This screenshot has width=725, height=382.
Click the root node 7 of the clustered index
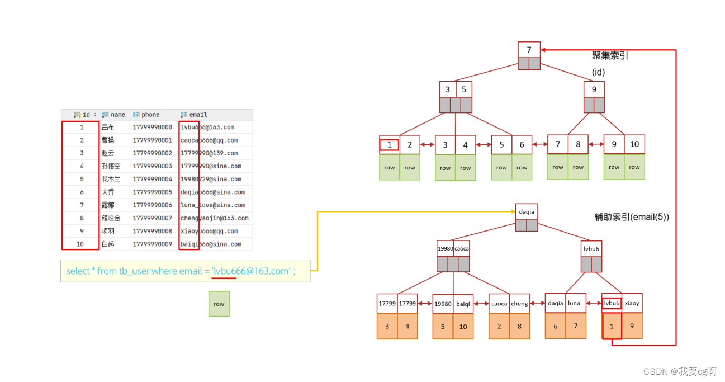(529, 50)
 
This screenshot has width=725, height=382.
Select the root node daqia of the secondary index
(527, 212)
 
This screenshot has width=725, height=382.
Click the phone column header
(150, 115)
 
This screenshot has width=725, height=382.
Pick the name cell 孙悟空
(111, 166)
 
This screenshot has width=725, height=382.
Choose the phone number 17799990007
(152, 218)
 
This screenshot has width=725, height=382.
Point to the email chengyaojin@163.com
(214, 218)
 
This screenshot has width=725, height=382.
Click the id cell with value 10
(80, 244)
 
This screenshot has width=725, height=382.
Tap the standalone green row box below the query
(219, 304)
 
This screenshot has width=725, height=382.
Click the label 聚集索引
(610, 56)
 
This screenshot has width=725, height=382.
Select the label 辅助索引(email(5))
(632, 217)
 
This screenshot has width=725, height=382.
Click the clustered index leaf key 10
(634, 144)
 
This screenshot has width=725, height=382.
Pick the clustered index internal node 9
(594, 89)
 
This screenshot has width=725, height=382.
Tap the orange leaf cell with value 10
(463, 327)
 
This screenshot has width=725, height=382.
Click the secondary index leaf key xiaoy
(632, 303)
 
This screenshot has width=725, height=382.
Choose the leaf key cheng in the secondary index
(519, 304)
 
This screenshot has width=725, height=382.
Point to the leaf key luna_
(576, 303)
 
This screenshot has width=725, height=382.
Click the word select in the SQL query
(78, 271)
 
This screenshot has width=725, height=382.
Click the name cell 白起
(108, 244)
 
